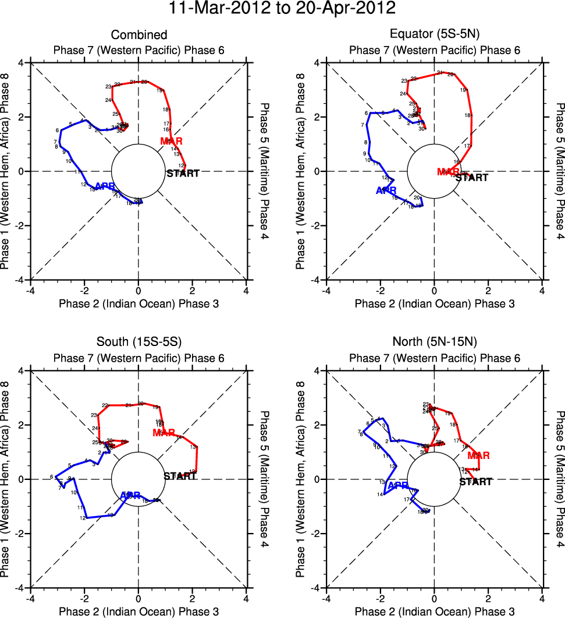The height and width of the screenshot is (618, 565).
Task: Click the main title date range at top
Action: click(282, 9)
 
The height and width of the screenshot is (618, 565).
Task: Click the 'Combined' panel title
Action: click(138, 35)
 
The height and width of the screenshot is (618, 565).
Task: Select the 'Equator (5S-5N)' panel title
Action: click(434, 35)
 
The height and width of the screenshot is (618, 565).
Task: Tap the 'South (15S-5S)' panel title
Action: click(138, 343)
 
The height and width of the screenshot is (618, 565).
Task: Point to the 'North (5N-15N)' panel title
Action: click(434, 343)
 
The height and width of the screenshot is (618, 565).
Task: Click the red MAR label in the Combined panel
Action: click(172, 142)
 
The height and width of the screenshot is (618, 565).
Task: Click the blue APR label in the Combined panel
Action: click(105, 186)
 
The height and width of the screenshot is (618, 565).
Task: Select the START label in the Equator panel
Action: click(472, 178)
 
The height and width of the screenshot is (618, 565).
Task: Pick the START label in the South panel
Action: click(180, 476)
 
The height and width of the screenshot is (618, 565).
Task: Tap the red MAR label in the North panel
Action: click(478, 455)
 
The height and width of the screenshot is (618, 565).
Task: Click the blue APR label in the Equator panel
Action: click(386, 190)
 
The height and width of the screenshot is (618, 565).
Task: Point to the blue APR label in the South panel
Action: click(130, 496)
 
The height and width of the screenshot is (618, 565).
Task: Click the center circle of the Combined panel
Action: click(138, 171)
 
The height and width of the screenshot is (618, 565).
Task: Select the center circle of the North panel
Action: click(434, 479)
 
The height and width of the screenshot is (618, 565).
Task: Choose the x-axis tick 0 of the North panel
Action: click(434, 598)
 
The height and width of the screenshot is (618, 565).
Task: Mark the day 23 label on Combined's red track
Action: click(108, 87)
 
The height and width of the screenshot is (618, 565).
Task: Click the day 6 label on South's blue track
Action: click(51, 476)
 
